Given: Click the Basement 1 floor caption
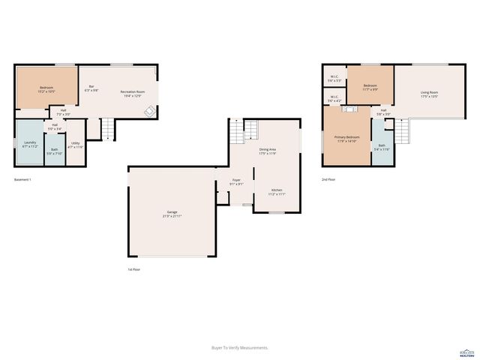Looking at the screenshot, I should [22, 180].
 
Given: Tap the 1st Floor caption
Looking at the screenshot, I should [133, 268].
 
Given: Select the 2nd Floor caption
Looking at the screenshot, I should [328, 180].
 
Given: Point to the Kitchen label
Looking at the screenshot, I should [277, 192].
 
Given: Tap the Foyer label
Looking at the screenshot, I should [236, 181].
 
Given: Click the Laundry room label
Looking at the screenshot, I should [30, 143].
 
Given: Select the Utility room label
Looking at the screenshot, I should [76, 145].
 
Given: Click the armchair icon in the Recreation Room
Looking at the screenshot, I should [149, 112].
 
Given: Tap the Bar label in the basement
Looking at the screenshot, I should [91, 88].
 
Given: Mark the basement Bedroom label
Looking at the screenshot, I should [46, 90].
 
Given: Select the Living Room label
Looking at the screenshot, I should [429, 94].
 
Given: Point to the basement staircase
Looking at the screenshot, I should [109, 129].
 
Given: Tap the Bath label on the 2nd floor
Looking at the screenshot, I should [382, 148].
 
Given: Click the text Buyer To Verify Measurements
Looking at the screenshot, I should [240, 348].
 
